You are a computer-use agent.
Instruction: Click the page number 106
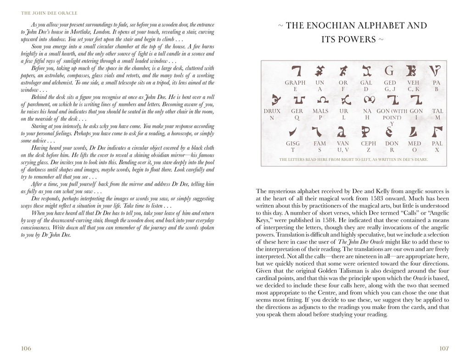click(26, 349)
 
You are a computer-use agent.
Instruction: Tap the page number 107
click(444, 349)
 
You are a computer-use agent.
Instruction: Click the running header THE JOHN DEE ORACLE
click(49, 13)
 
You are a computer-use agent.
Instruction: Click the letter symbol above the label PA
click(436, 71)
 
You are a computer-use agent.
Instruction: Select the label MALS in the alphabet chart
click(320, 111)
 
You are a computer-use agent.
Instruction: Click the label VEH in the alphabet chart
click(414, 83)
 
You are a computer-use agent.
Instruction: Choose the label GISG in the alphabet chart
click(293, 144)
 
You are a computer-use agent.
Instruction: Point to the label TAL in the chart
click(437, 111)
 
